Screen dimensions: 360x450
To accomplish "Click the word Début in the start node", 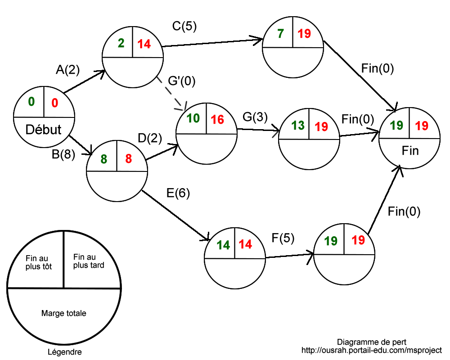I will click(44, 130).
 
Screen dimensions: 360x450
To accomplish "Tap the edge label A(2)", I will click(67, 70).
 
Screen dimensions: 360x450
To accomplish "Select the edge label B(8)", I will click(63, 155).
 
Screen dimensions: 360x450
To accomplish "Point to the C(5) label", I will click(184, 27).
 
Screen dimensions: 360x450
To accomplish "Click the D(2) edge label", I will click(150, 139).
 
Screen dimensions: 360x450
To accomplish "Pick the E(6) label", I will click(178, 193).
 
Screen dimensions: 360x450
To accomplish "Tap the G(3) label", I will click(255, 117).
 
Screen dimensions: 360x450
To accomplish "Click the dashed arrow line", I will click(171, 93).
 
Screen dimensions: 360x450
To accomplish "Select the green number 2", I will click(121, 44).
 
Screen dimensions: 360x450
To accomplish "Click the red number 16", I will click(217, 119).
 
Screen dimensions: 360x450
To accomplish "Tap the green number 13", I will click(298, 126).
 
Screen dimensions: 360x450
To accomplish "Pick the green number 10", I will click(193, 119).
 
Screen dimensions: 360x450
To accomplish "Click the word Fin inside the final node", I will click(410, 151).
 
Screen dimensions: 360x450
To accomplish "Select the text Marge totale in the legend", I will click(63, 313).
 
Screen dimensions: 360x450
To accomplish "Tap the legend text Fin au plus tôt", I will click(38, 263).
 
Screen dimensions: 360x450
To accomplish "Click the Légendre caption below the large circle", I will click(64, 352).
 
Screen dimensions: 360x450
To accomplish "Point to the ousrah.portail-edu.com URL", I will click(371, 350).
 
